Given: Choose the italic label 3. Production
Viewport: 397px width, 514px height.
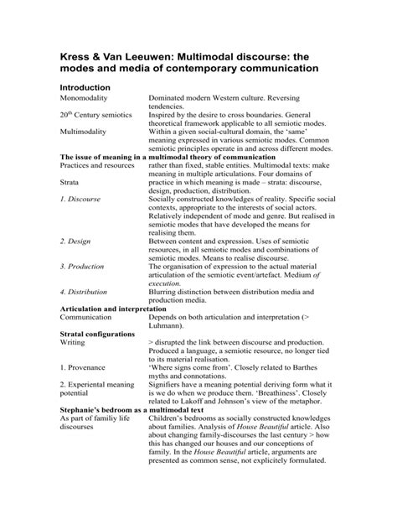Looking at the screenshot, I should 83,267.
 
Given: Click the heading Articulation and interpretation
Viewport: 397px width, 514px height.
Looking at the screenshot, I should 120,309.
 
